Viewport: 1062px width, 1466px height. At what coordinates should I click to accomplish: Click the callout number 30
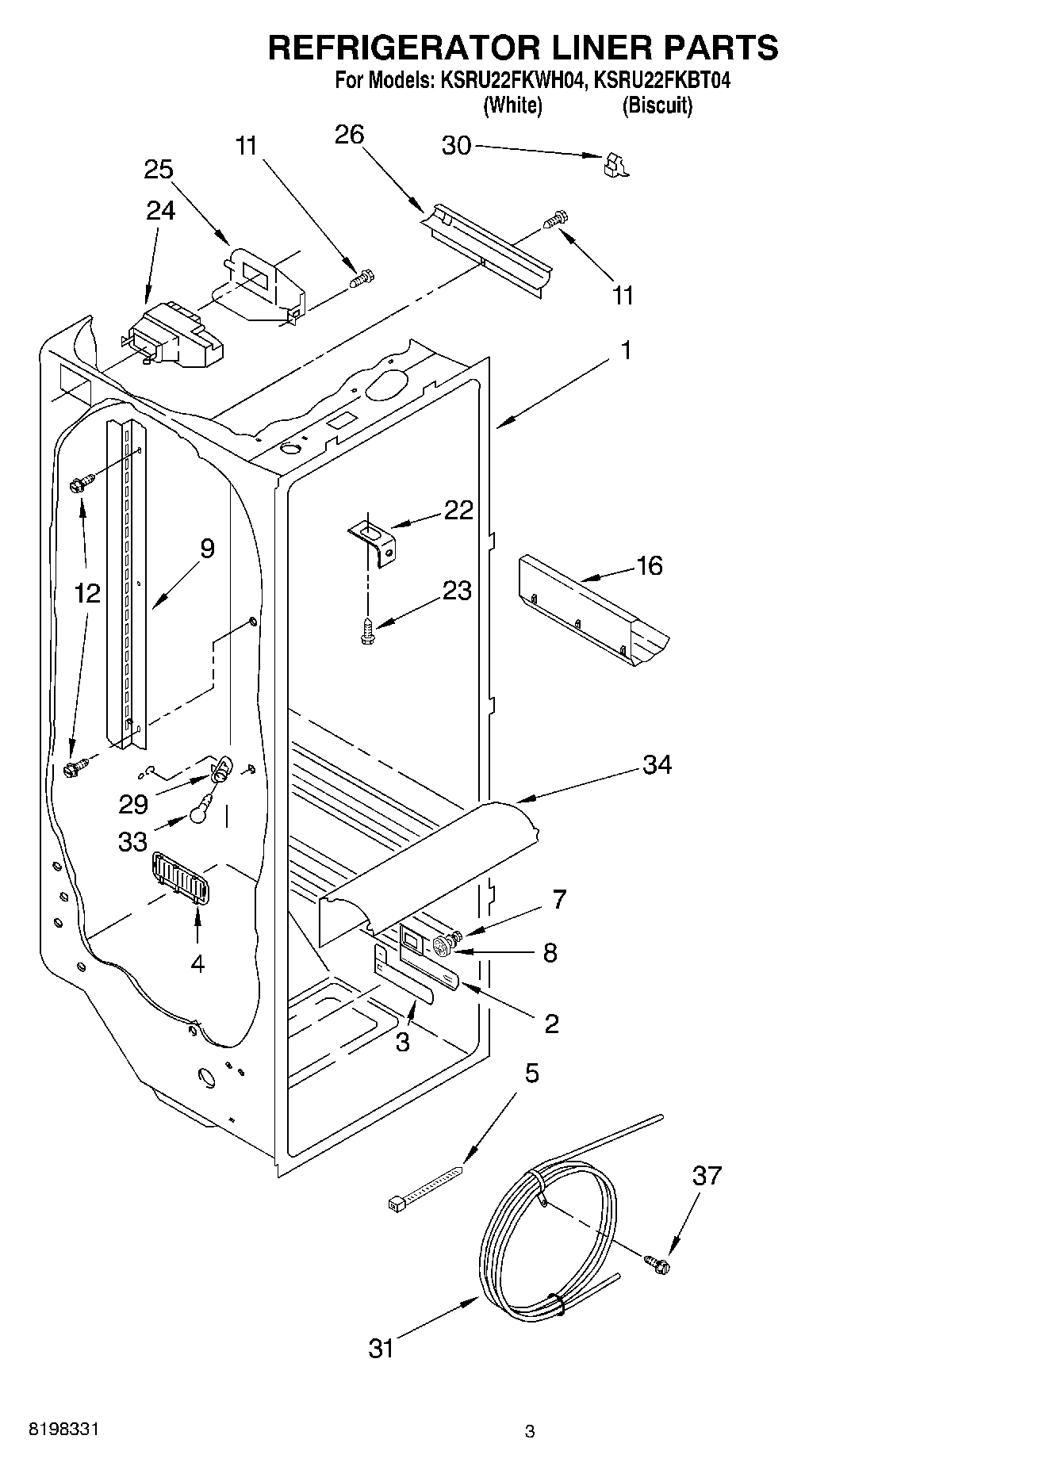(456, 146)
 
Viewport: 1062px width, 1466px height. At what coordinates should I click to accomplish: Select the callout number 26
(349, 135)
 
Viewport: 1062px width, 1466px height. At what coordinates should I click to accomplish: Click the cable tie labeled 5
(424, 1186)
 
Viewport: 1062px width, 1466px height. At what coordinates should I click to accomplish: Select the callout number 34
(658, 765)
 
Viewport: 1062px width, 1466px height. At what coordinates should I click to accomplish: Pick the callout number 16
(649, 566)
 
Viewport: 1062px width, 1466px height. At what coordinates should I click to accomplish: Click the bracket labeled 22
(374, 539)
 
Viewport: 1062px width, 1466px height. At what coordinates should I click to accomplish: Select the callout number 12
(88, 592)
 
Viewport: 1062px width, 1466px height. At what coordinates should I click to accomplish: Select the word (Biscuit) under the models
(657, 105)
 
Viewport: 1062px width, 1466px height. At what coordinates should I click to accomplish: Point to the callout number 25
(159, 170)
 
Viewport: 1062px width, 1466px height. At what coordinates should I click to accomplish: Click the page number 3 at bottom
(530, 1431)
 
